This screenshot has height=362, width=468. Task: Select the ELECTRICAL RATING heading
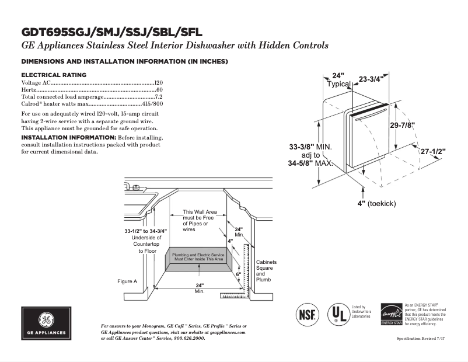(54, 75)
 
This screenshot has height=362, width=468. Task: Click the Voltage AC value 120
(158, 83)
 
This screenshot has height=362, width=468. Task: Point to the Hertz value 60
(159, 90)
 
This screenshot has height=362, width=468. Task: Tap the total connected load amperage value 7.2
(158, 96)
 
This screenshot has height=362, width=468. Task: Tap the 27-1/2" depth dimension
(433, 151)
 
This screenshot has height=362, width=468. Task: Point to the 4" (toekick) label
(377, 204)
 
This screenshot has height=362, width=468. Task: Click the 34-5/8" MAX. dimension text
(310, 164)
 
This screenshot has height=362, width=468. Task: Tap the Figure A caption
(127, 281)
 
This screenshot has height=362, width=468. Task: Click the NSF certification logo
(308, 314)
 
